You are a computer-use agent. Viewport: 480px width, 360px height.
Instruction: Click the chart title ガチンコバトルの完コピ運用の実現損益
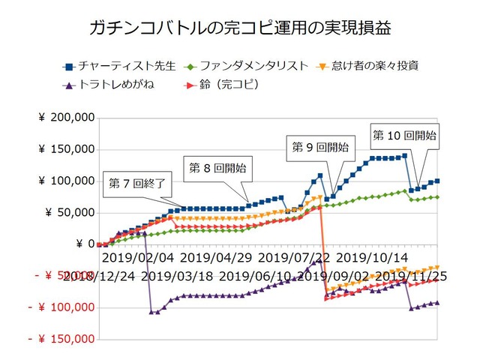(240, 29)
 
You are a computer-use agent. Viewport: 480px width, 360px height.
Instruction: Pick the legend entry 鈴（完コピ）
(226, 84)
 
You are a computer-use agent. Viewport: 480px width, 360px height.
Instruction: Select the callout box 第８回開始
(217, 167)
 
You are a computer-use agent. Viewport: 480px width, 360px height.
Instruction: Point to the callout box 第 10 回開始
(406, 136)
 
